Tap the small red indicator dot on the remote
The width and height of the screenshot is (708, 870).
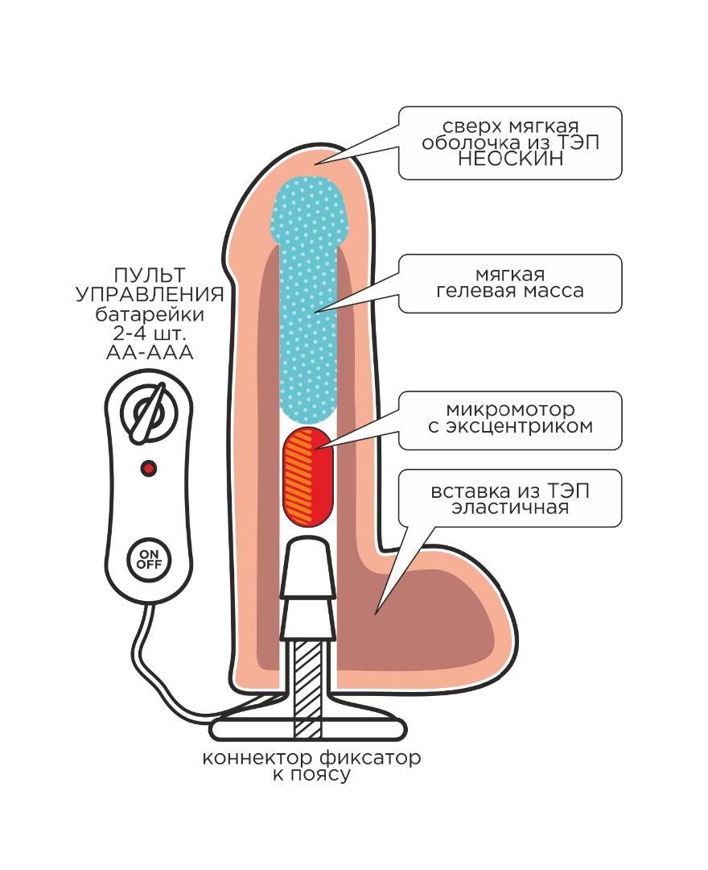click(x=148, y=467)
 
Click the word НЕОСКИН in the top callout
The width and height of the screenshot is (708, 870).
click(x=509, y=159)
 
